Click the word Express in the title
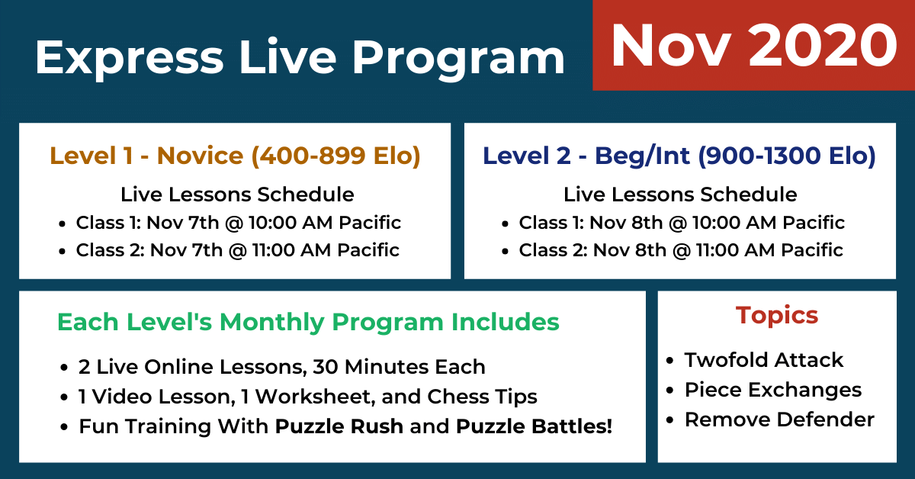click(130, 57)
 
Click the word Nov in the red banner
click(671, 45)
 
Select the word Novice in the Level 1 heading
click(200, 156)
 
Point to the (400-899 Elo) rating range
click(336, 156)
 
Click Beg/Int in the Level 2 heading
click(642, 156)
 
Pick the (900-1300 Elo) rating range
click(787, 156)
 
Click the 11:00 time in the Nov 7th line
click(273, 250)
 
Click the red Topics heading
click(777, 316)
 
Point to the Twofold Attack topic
click(764, 360)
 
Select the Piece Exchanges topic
click(773, 390)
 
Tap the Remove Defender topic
click(779, 420)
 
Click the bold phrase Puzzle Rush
click(339, 426)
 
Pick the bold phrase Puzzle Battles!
click(534, 426)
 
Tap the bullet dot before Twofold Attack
click(669, 361)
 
